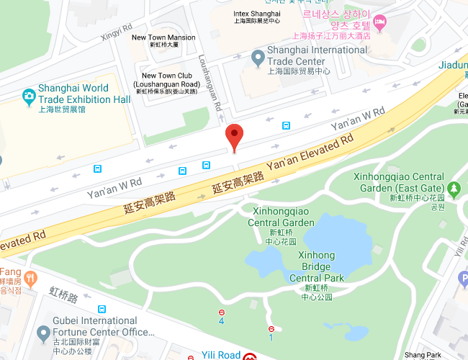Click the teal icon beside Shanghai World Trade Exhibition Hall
click(28, 94)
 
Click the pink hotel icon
click(380, 20)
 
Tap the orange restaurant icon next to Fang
click(30, 277)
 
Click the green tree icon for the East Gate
click(454, 189)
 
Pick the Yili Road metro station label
click(219, 355)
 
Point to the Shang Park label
click(423, 355)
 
